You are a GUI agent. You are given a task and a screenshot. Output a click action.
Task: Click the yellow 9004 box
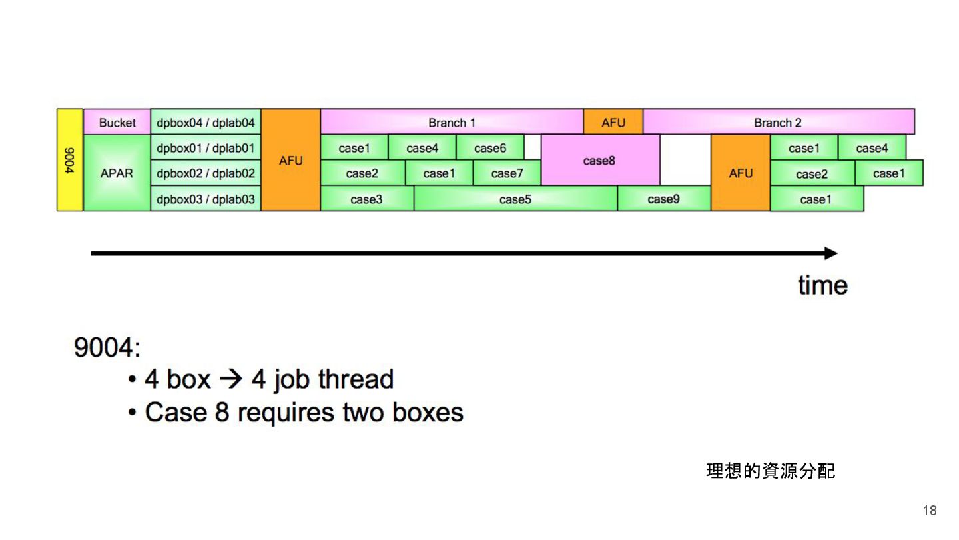70,160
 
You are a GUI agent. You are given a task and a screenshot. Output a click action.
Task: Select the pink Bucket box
117,123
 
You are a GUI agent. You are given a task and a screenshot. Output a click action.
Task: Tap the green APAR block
117,173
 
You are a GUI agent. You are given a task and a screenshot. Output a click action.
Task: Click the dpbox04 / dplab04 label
206,123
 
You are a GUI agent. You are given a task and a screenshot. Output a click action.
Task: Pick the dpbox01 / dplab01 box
206,148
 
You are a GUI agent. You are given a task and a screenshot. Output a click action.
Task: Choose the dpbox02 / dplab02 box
206,173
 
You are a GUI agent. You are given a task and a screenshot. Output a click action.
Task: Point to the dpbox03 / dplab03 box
206,199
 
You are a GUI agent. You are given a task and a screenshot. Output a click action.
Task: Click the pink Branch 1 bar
452,123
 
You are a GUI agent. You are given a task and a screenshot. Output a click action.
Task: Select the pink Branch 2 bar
778,123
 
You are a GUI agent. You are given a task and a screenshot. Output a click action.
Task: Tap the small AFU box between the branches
613,123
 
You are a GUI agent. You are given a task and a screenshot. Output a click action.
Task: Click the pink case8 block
599,161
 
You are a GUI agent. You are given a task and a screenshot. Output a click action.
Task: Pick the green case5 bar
515,199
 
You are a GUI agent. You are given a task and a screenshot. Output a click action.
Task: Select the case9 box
663,199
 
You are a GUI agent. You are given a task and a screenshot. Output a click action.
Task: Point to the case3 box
366,199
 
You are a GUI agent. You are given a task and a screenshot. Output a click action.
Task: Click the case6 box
489,148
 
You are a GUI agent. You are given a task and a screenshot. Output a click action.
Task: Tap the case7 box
507,173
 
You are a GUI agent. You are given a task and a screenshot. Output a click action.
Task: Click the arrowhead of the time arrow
830,253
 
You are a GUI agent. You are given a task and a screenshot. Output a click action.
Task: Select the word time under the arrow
822,285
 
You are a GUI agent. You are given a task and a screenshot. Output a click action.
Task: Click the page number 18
929,511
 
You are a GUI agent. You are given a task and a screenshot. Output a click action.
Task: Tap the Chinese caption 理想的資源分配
770,471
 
